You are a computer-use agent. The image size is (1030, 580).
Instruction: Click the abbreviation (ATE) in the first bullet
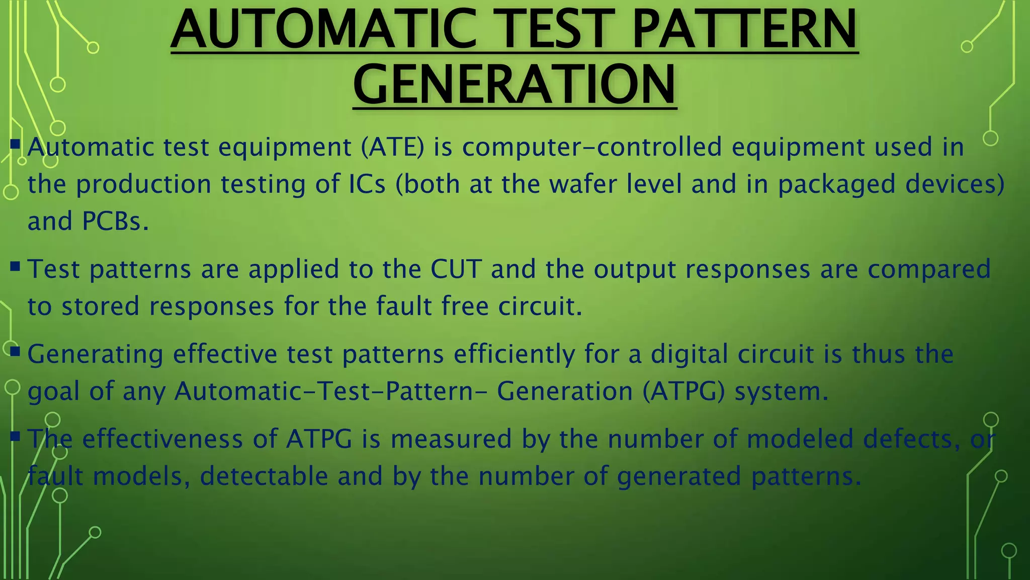(x=392, y=147)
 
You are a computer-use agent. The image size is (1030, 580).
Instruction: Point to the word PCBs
(x=115, y=221)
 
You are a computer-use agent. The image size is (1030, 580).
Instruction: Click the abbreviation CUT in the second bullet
(x=456, y=269)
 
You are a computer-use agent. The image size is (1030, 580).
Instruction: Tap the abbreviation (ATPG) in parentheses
(x=683, y=392)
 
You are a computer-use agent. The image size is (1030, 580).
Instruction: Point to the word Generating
(x=95, y=354)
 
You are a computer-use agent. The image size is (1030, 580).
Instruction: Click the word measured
(x=451, y=439)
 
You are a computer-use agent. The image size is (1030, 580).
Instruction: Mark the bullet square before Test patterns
(x=15, y=265)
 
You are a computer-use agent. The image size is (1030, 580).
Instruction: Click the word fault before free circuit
(x=404, y=306)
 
